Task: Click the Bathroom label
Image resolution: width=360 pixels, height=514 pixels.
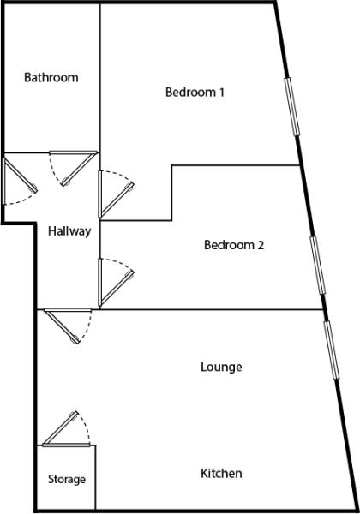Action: click(51, 78)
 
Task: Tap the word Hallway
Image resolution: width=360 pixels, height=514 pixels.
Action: click(69, 231)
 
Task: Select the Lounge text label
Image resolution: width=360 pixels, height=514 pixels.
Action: click(221, 367)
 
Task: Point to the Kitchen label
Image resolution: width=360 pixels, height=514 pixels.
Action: click(221, 474)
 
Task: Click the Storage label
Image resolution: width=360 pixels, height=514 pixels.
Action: click(67, 480)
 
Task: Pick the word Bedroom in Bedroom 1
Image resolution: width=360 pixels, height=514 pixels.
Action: click(190, 93)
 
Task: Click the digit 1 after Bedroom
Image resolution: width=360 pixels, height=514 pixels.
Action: click(222, 93)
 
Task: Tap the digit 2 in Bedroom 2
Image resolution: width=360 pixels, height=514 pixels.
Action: click(261, 245)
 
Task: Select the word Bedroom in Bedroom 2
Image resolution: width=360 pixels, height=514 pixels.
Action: click(229, 245)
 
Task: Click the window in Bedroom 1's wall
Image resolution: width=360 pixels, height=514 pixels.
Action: click(292, 106)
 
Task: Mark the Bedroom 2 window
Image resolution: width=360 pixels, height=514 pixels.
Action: click(318, 265)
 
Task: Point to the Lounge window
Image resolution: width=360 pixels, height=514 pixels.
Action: click(331, 350)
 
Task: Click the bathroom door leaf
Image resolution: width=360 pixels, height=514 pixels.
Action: click(80, 169)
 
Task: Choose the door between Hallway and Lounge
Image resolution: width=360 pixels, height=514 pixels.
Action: click(63, 326)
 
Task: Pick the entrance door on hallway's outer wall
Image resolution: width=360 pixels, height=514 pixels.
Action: click(20, 175)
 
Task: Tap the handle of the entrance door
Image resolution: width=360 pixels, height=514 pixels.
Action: click(33, 188)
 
